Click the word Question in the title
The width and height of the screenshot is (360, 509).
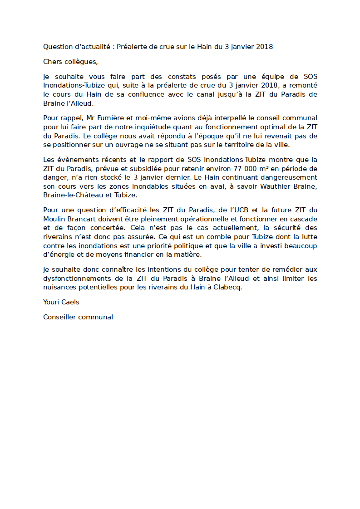pyautogui.click(x=58, y=47)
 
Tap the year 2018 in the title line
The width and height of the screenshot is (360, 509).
pyautogui.click(x=264, y=47)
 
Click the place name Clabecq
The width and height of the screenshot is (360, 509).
pyautogui.click(x=228, y=288)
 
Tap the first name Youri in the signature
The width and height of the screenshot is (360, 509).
pyautogui.click(x=52, y=302)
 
